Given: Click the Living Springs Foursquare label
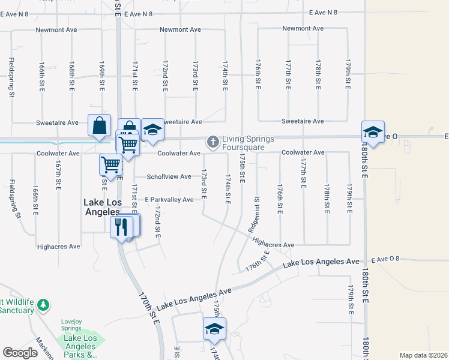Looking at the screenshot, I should point(248,143).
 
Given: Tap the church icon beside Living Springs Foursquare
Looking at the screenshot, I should point(212,142).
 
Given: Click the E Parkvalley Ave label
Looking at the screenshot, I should point(169,199).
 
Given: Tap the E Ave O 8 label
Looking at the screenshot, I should point(385,259).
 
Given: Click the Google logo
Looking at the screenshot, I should point(20,353).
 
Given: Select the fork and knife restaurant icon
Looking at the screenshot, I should point(122,227).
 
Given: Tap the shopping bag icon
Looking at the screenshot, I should point(100,126).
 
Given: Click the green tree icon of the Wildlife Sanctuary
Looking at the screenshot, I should point(43,305).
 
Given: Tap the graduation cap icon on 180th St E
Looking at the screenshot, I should point(373,133).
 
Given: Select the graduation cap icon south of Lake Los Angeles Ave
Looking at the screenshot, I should point(214,329).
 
